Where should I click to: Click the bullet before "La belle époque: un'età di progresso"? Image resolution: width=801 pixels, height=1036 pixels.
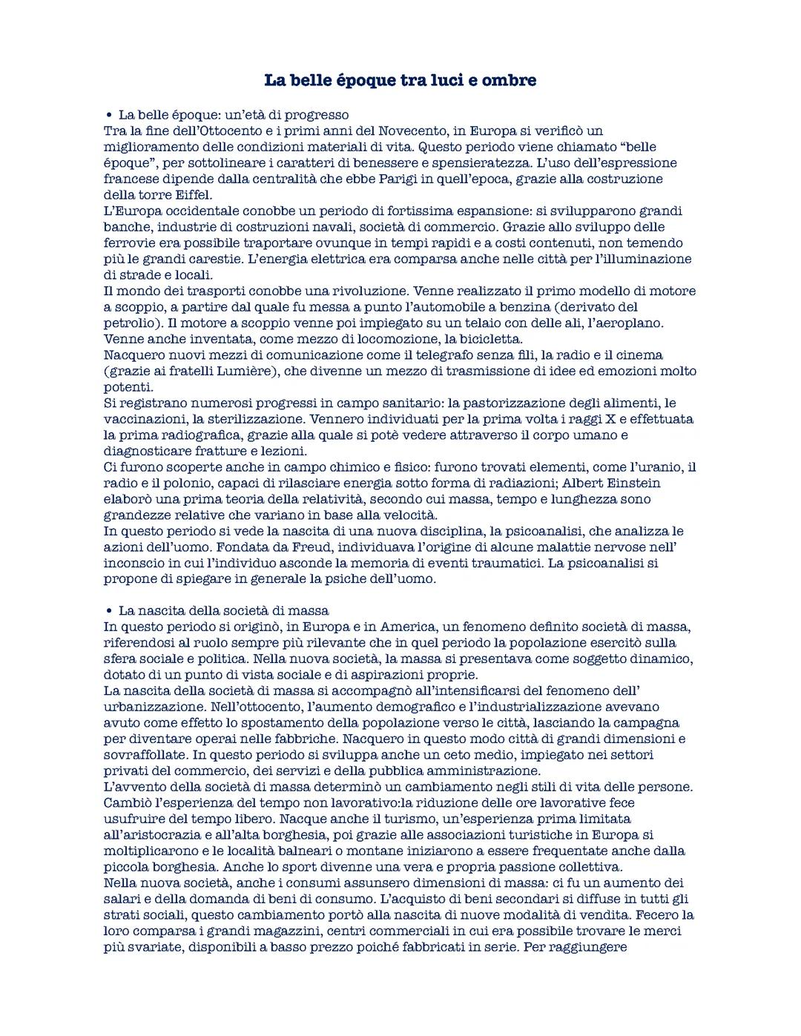point(108,115)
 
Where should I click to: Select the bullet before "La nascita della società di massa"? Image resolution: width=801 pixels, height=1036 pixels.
point(108,611)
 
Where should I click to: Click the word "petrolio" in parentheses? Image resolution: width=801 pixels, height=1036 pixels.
point(128,323)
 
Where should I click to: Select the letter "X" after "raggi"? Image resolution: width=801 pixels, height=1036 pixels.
point(623,419)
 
